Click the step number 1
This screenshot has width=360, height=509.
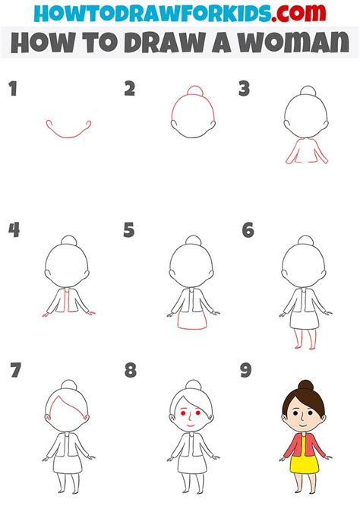[x=12, y=90]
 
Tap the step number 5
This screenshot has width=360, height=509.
[x=129, y=229]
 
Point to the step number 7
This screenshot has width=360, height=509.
[x=14, y=371]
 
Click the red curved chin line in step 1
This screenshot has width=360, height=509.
[x=68, y=135]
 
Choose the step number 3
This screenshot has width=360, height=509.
[x=244, y=90]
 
